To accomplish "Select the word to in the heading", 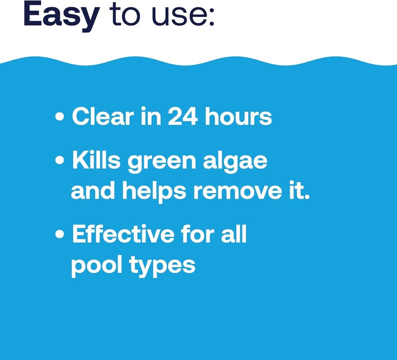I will (125, 17).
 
